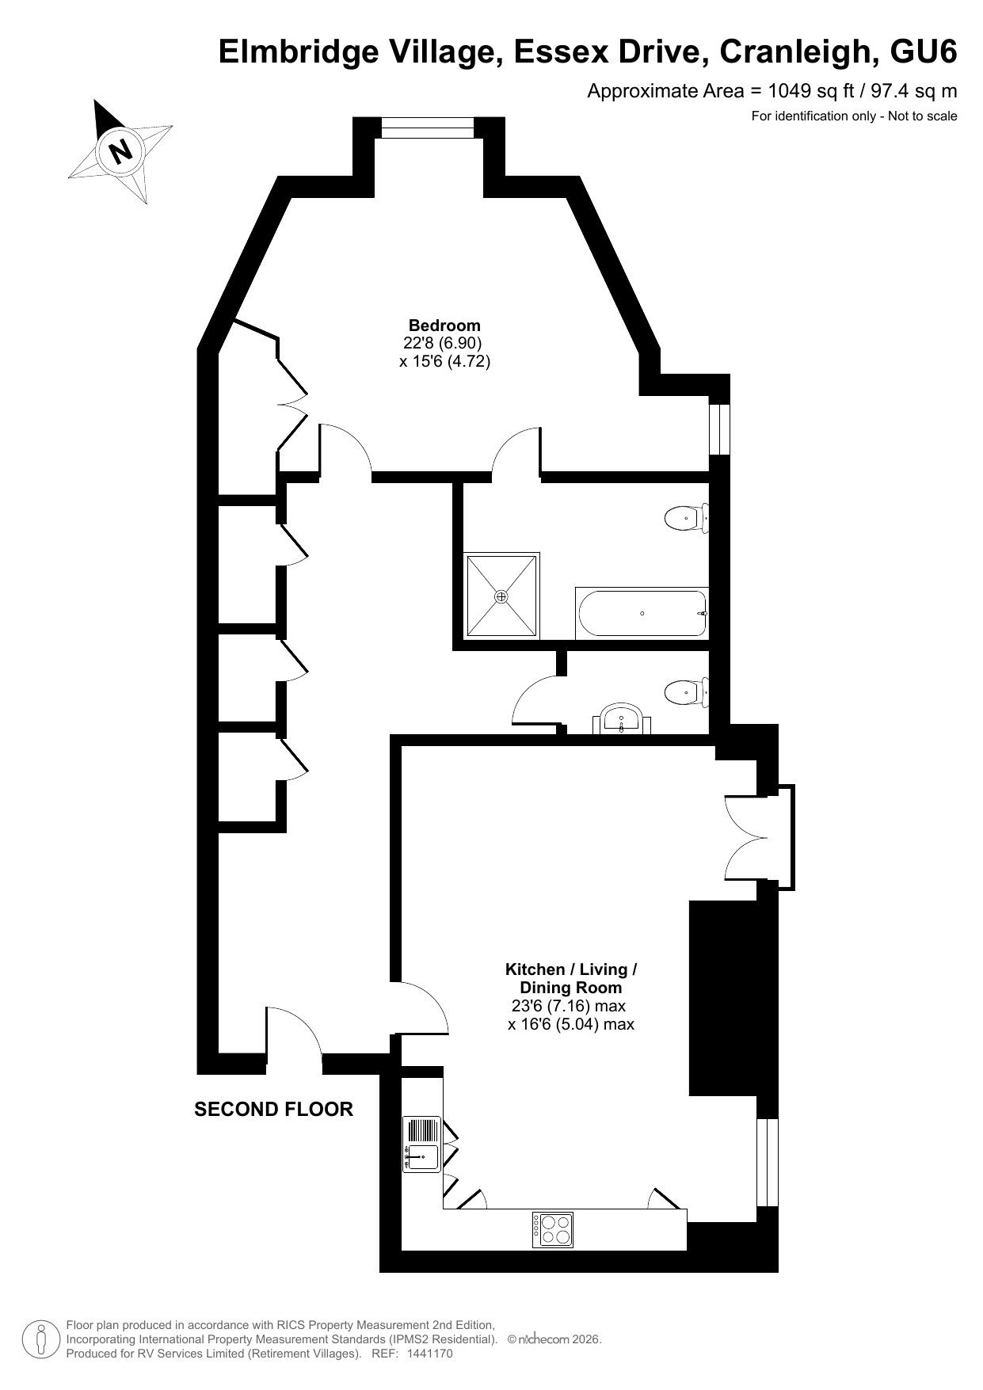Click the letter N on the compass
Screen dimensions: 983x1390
(x=121, y=150)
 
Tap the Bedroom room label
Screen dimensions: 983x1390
(x=444, y=325)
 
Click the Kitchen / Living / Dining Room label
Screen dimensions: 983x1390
(x=571, y=978)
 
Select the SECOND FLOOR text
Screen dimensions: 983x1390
(x=273, y=1109)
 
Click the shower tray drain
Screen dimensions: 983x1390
(x=501, y=596)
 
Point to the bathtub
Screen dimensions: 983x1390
(x=642, y=613)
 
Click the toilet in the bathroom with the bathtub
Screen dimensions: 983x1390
(x=686, y=519)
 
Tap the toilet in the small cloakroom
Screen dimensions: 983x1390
(x=686, y=692)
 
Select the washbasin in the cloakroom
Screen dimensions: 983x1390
(x=622, y=719)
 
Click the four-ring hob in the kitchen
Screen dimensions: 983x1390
(x=553, y=1230)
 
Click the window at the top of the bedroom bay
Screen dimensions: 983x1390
(x=429, y=127)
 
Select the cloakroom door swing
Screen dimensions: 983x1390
(x=537, y=699)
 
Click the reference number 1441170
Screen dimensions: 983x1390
(x=429, y=1354)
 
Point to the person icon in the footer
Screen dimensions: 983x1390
(x=41, y=1339)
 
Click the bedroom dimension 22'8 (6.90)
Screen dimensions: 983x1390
(x=443, y=343)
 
